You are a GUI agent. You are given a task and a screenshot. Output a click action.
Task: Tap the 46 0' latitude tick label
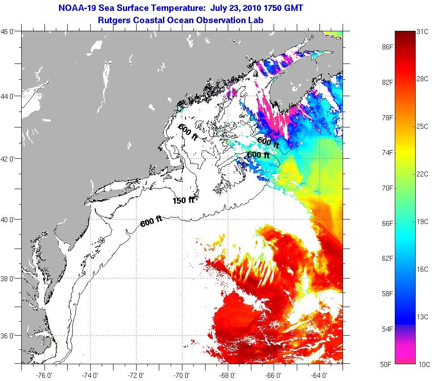pos(10,32)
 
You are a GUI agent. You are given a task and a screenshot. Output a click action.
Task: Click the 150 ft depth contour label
pos(183,200)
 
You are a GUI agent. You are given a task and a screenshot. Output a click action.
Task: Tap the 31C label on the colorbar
pos(422,32)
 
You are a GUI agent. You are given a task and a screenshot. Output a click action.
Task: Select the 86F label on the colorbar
pos(387,47)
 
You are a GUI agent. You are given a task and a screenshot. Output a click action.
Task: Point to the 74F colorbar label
pos(387,153)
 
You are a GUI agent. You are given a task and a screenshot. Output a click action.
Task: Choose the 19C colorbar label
pos(422,221)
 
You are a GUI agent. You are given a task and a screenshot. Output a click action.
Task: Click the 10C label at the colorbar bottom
pos(422,364)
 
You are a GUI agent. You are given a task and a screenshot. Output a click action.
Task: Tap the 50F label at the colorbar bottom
pos(387,364)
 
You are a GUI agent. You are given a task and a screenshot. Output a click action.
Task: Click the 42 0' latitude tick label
pos(10,159)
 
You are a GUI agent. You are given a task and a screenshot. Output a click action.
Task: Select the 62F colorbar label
pos(387,258)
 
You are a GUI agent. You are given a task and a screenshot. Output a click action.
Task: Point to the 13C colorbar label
pos(422,316)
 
